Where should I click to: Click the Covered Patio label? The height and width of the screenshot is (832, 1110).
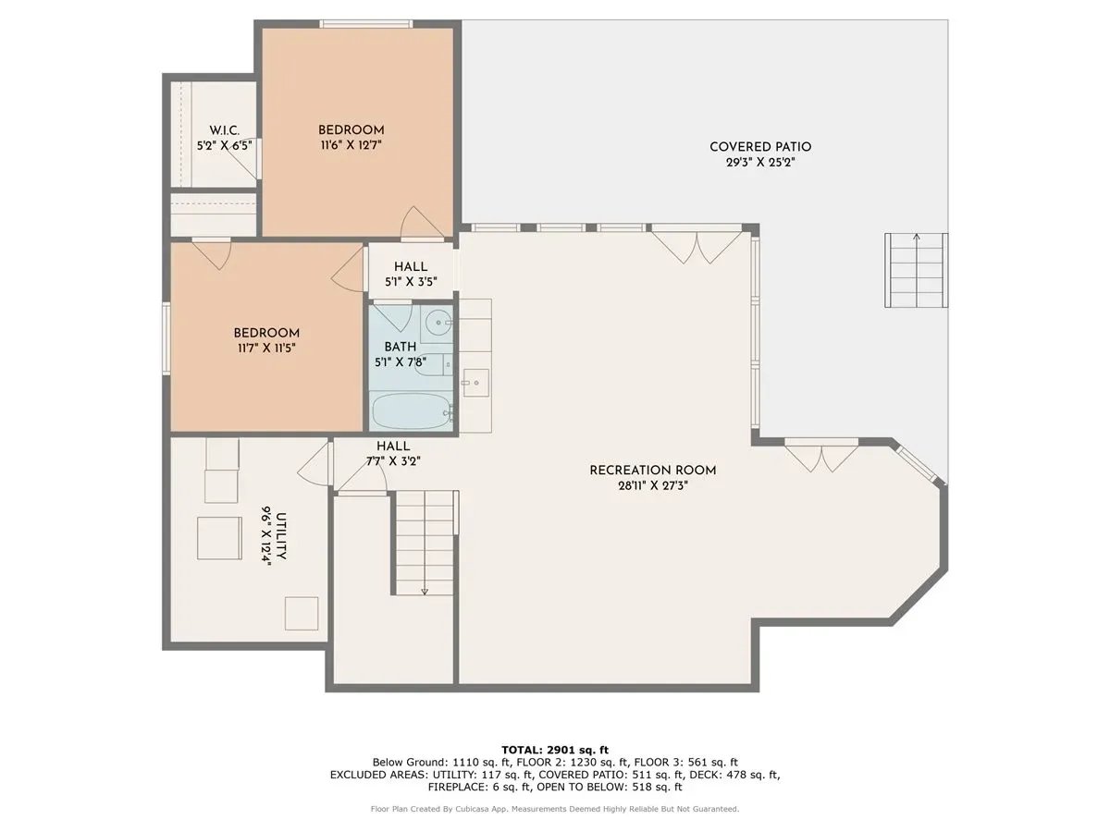760,147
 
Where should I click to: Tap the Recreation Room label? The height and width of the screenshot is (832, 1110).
653,471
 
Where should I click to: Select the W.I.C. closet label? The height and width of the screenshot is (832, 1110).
225,130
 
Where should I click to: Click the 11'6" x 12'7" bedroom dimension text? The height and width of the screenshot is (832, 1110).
351,145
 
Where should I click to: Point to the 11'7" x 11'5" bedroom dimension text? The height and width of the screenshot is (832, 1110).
265,349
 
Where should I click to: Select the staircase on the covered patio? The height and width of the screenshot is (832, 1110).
917,271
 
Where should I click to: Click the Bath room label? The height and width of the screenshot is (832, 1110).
401,347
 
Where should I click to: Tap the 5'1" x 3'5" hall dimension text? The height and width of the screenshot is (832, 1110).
410,282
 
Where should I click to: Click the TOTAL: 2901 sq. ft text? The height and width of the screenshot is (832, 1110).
555,749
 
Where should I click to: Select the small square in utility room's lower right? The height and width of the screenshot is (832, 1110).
302,613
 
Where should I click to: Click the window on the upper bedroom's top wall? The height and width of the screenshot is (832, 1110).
365,24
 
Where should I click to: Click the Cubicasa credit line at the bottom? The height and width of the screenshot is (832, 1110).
555,809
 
